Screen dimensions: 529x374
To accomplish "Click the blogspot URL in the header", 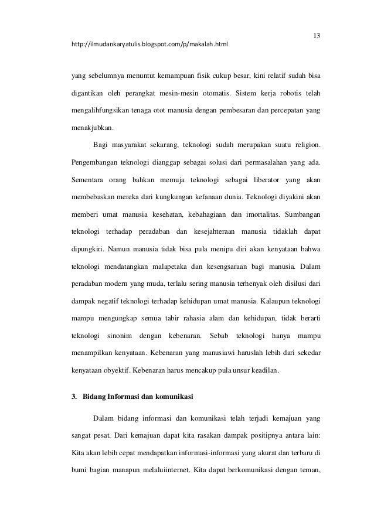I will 149,44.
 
